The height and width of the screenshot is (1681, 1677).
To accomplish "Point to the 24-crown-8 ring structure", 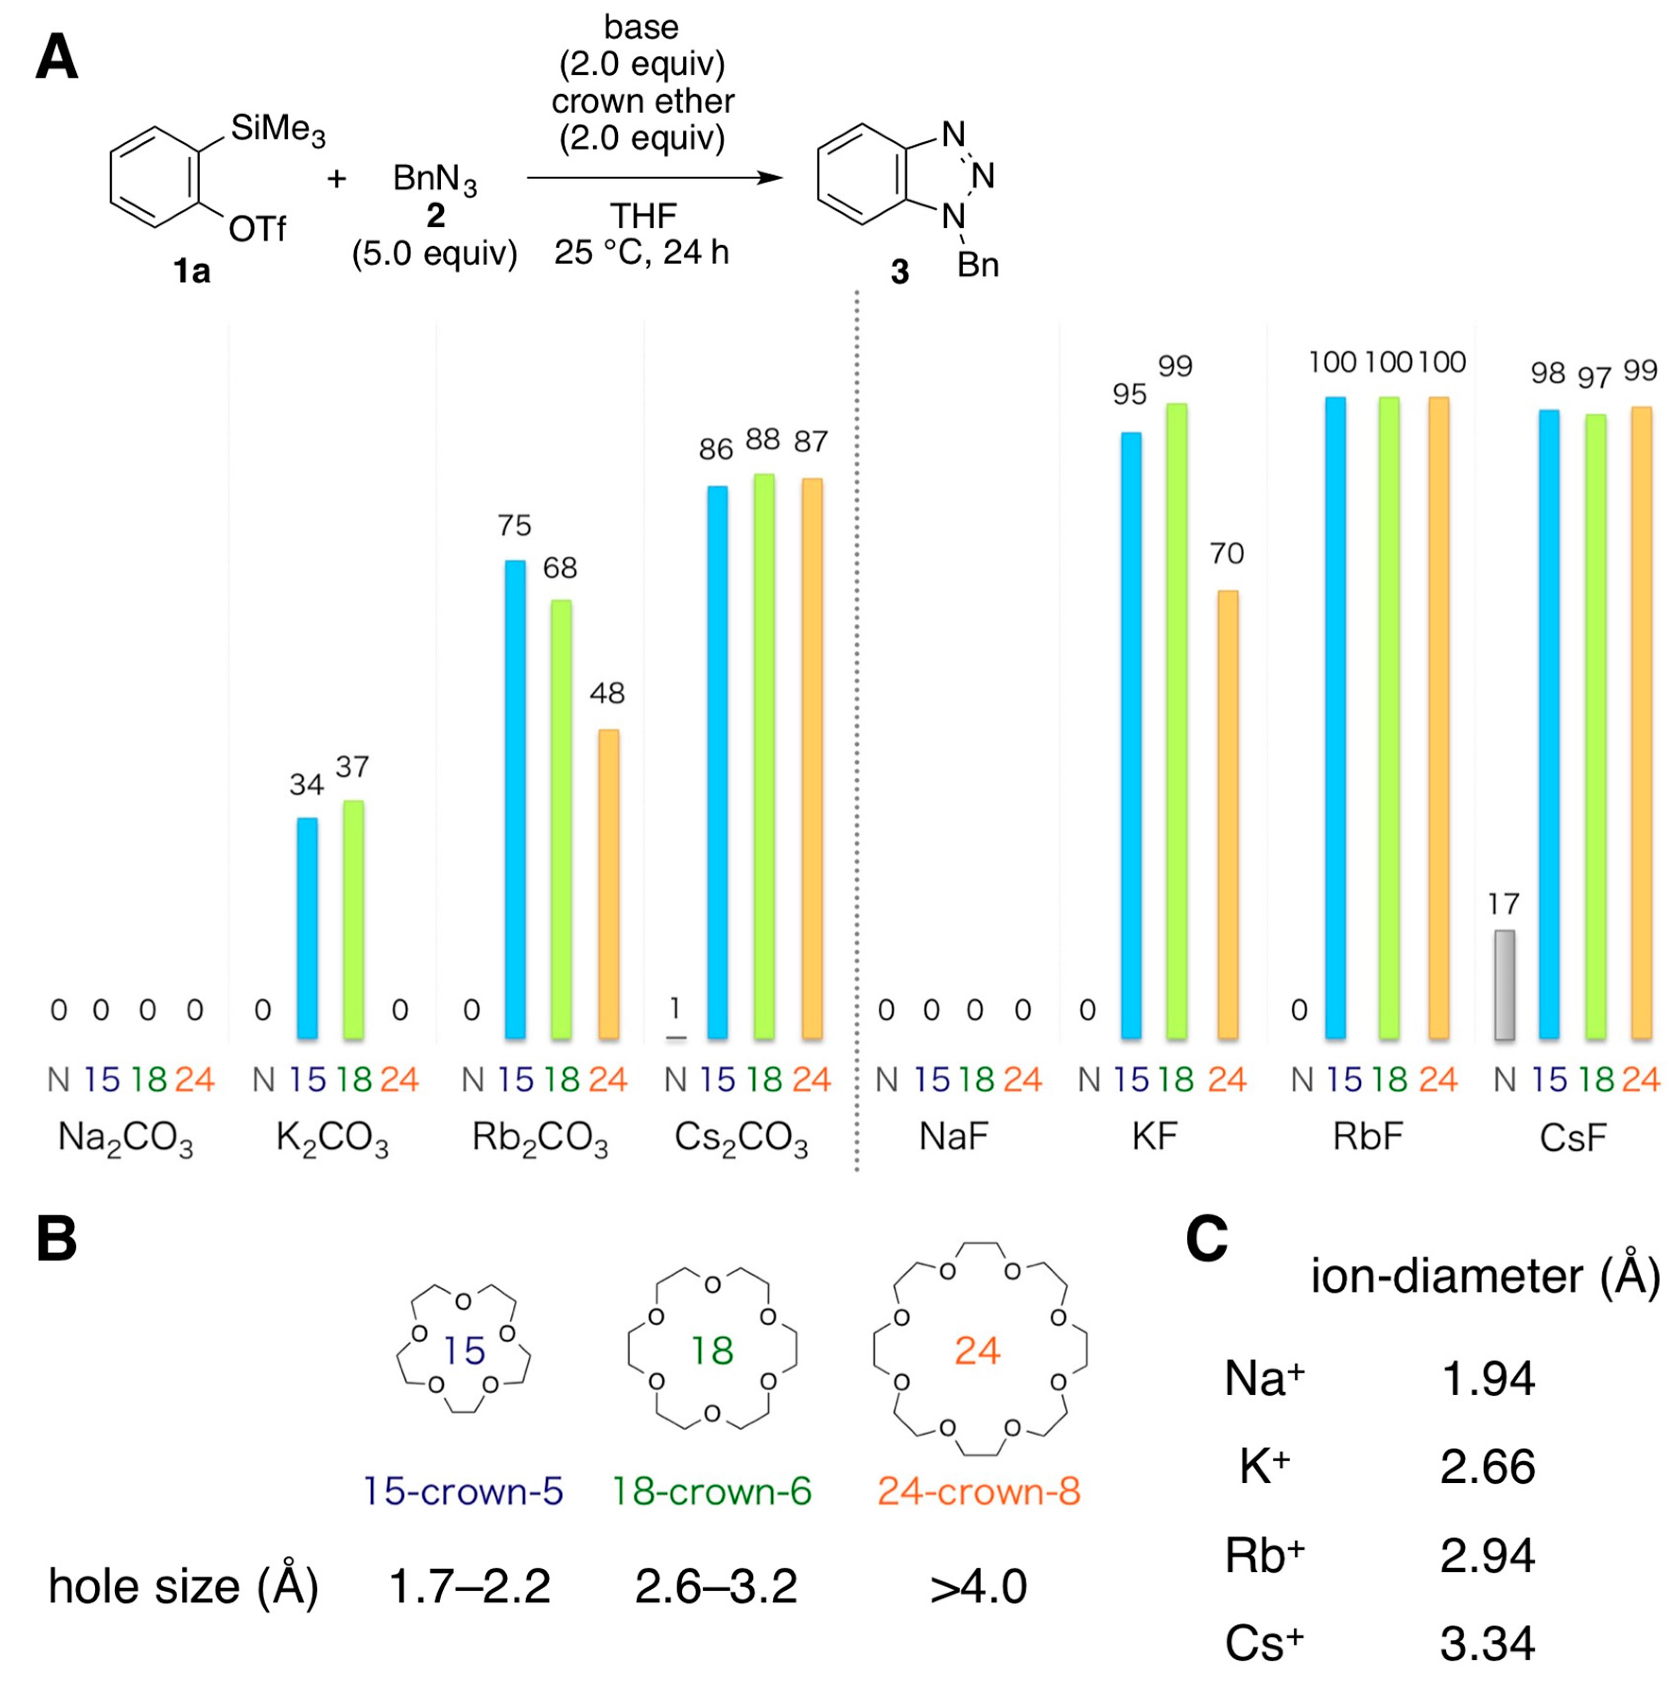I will click(x=979, y=1350).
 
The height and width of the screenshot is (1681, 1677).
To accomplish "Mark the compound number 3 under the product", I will click(x=899, y=272).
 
